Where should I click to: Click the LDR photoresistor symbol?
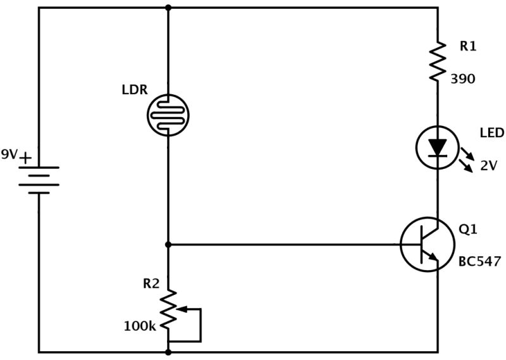click(168, 115)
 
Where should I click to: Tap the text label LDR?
click(134, 90)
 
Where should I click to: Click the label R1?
click(469, 46)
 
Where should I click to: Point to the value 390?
click(463, 79)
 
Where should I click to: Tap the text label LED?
click(491, 133)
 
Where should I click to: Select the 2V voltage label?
click(488, 166)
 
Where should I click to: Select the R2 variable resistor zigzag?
click(168, 310)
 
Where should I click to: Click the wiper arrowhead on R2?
click(178, 309)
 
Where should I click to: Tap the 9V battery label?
click(10, 154)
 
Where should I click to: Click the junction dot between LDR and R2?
click(168, 244)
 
